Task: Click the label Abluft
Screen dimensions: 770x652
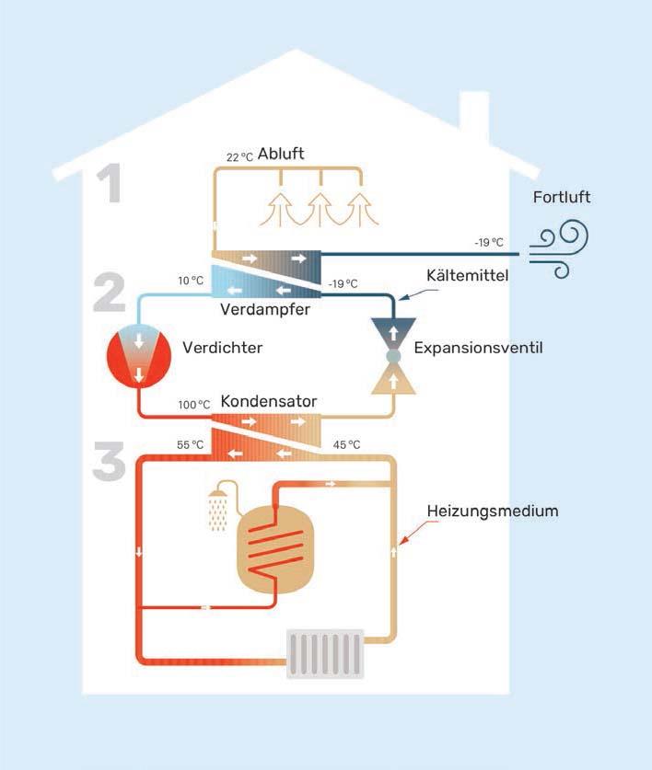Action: (281, 154)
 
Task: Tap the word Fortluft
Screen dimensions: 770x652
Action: (562, 197)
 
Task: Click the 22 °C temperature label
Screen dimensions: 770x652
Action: (240, 156)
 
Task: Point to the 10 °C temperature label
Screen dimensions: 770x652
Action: (191, 280)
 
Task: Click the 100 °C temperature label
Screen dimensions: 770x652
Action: (193, 405)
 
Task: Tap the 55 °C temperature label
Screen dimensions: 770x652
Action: (190, 445)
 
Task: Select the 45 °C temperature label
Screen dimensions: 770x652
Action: (347, 445)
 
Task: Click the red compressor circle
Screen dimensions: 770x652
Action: (139, 357)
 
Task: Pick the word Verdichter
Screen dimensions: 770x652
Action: (222, 349)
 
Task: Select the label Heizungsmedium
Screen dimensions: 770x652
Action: (493, 511)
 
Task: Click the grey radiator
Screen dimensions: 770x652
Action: (324, 653)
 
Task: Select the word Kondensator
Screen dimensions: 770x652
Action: (269, 402)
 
